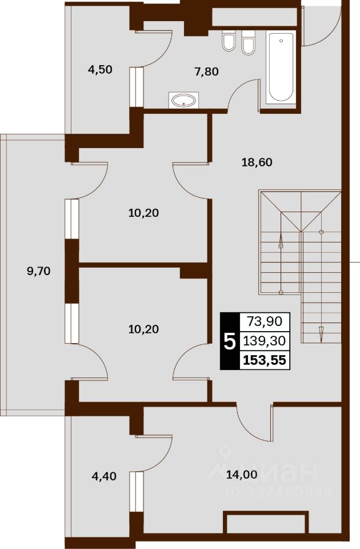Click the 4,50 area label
tap(100, 70)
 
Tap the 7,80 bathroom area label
tap(206, 72)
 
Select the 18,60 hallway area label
tap(257, 162)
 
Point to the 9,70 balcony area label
tap(39, 270)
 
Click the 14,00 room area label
tap(242, 475)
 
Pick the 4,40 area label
tap(104, 476)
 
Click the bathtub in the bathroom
tap(281, 67)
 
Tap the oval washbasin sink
tap(183, 101)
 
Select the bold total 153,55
tap(265, 360)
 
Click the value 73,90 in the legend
tap(265, 321)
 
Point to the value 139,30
tap(265, 340)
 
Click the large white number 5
tap(230, 342)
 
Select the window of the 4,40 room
tap(137, 492)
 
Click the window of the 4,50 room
tap(137, 87)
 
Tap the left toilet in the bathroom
tap(229, 41)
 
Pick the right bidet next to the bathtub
tap(249, 42)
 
